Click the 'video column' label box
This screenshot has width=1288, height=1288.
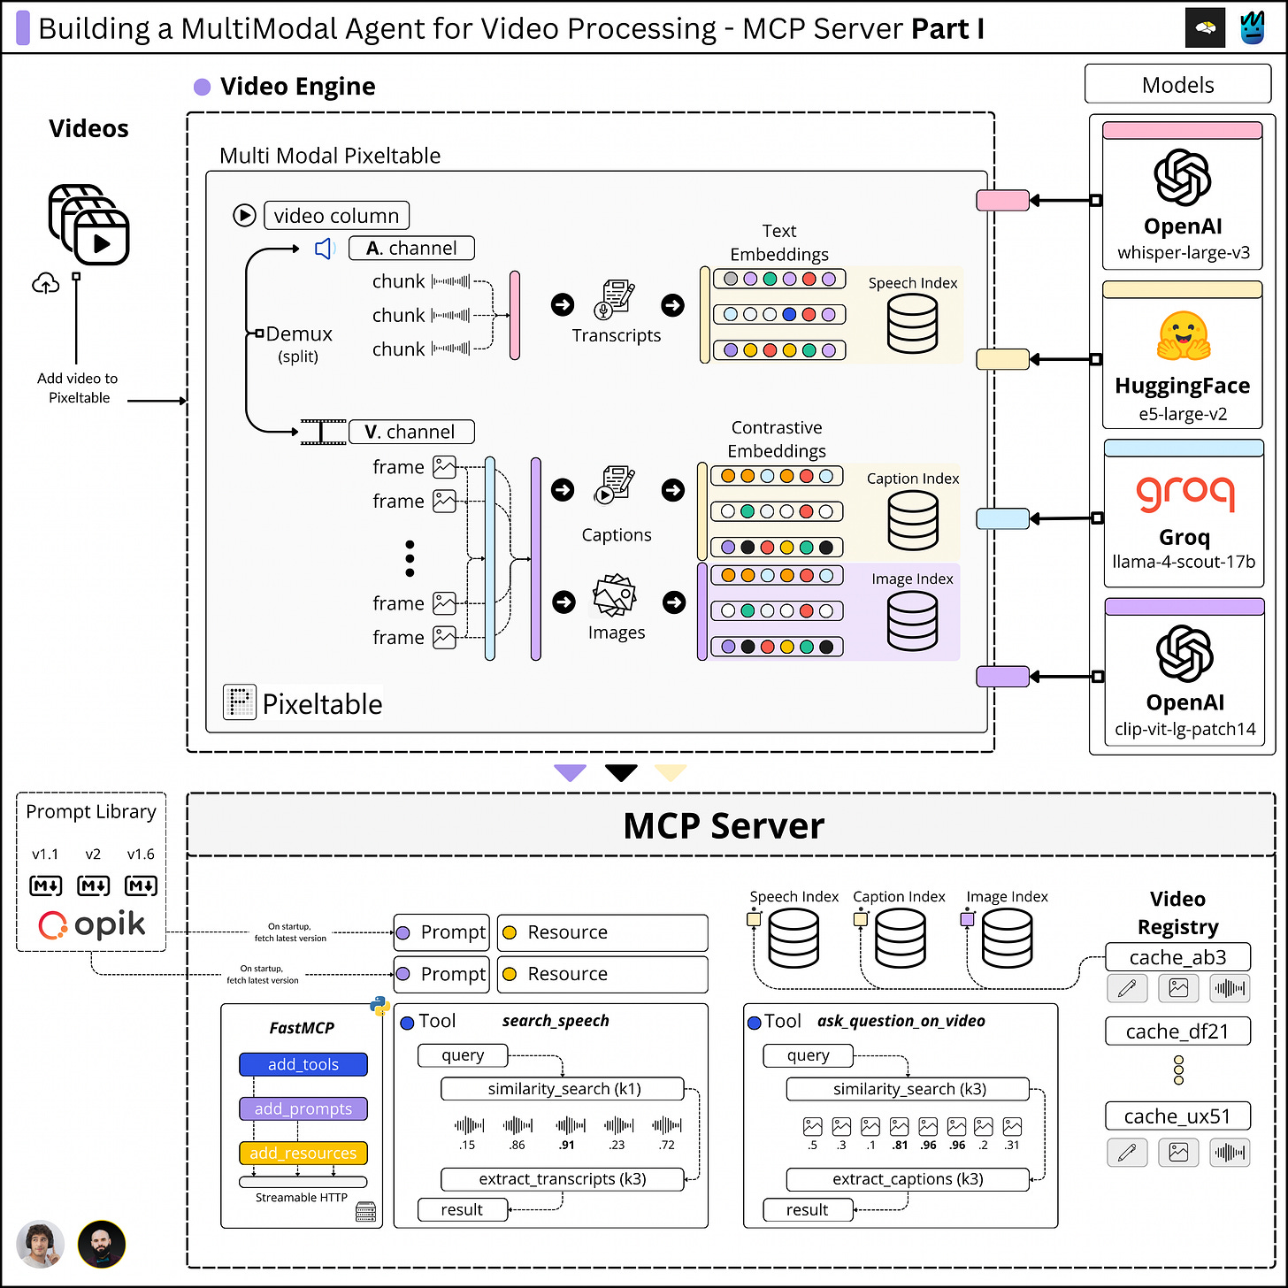point(336,215)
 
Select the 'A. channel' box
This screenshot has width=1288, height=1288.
point(411,248)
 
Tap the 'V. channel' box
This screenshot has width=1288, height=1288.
point(411,432)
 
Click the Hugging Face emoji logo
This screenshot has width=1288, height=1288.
point(1183,337)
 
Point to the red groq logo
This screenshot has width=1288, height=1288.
point(1185,493)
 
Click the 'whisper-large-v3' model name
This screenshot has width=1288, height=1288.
point(1183,253)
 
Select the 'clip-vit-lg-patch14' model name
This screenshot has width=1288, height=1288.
point(1185,729)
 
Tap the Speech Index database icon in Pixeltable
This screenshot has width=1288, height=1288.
point(912,324)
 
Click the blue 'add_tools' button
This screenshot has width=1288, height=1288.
point(303,1064)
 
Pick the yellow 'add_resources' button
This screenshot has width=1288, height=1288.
point(303,1153)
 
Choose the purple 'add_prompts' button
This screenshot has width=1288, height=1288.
point(303,1108)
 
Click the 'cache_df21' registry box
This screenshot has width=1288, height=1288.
point(1177,1031)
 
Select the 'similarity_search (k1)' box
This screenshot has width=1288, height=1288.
point(563,1089)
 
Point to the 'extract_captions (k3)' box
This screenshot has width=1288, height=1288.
point(908,1179)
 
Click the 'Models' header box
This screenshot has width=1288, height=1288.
point(1177,84)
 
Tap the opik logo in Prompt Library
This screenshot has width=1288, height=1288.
point(92,924)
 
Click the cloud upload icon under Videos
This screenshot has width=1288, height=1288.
point(45,283)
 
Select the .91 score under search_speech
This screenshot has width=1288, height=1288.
point(566,1145)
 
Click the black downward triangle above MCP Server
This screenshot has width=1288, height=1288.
point(621,772)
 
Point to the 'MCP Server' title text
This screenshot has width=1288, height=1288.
point(724,825)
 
